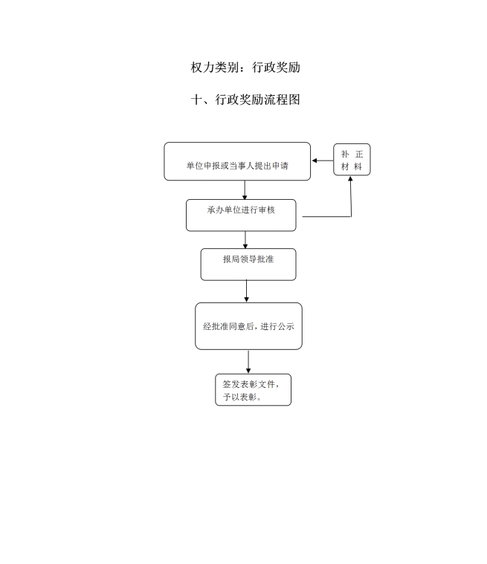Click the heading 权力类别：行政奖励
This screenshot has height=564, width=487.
pyautogui.click(x=245, y=68)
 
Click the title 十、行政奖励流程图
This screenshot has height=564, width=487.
pyautogui.click(x=245, y=100)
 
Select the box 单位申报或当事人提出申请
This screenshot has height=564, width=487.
pyautogui.click(x=237, y=161)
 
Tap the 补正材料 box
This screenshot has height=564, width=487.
pyautogui.click(x=352, y=160)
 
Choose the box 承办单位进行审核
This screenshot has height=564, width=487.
pyautogui.click(x=241, y=215)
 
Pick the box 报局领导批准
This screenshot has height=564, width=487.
pyautogui.click(x=248, y=265)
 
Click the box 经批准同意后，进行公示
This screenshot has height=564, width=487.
pyautogui.click(x=249, y=326)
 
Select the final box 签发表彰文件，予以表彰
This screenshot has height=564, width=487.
pyautogui.click(x=253, y=389)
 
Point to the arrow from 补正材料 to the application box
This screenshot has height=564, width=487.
pyautogui.click(x=323, y=161)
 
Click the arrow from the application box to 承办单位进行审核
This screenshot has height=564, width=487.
pyautogui.click(x=245, y=190)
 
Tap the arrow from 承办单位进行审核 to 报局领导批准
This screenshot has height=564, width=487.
pyautogui.click(x=245, y=239)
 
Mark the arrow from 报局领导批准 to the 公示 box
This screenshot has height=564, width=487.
pyautogui.click(x=247, y=291)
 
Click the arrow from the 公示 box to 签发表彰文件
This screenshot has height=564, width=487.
pyautogui.click(x=248, y=361)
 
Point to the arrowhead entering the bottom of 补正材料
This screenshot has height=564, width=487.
pyautogui.click(x=351, y=179)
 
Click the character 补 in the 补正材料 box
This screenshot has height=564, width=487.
pyautogui.click(x=345, y=154)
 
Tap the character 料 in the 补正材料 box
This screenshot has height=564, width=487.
pyautogui.click(x=358, y=166)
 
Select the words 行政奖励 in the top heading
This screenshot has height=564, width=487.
pyautogui.click(x=276, y=68)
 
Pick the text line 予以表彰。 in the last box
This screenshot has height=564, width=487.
pyautogui.click(x=242, y=397)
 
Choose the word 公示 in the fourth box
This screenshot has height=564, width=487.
pyautogui.click(x=286, y=326)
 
